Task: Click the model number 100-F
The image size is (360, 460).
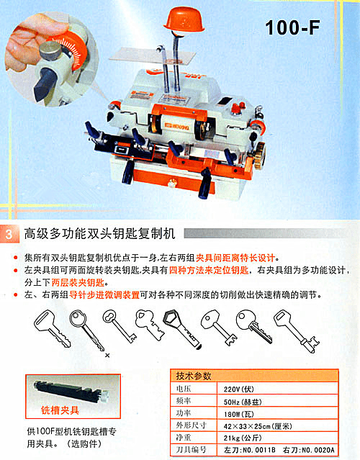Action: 292,28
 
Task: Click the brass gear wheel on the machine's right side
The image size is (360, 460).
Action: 259,155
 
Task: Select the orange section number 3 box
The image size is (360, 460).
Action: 9,234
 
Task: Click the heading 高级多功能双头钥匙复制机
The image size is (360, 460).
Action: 100,233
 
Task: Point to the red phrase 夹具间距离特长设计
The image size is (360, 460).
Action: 235,258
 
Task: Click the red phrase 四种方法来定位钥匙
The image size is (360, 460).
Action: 209,270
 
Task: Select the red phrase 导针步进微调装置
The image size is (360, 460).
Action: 104,295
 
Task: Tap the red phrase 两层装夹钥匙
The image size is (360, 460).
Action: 78,282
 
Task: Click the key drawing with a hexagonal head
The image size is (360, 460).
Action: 182,328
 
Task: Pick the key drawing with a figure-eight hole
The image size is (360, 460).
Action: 120,327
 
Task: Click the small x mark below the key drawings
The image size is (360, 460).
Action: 107,356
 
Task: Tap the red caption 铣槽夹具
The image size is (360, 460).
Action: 60,410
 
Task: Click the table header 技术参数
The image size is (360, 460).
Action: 194,376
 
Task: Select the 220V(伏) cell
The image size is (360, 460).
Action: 239,389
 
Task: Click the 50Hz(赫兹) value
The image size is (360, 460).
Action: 243,402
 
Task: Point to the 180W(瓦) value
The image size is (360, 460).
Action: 239,414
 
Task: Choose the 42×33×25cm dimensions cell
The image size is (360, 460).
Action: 258,426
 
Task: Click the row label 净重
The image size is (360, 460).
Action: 184,438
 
